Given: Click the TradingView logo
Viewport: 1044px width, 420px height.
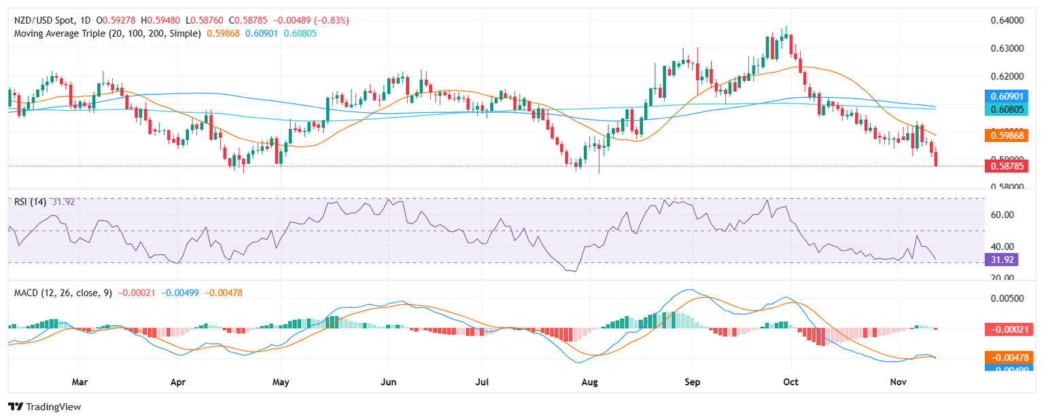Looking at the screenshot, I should click(44, 406).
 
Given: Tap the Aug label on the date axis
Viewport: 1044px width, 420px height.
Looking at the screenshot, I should click(590, 381).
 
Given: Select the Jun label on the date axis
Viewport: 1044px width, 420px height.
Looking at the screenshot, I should click(388, 381).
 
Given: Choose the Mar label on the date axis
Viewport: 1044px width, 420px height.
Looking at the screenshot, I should click(80, 381).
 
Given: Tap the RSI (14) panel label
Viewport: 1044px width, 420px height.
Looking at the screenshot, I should click(31, 201).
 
